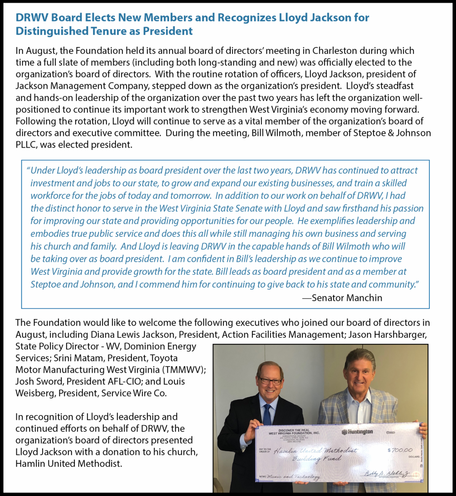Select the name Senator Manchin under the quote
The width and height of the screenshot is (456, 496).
[x=347, y=298]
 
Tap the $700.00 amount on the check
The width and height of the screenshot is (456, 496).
[x=400, y=450]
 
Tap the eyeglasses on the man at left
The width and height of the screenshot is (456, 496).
[x=270, y=380]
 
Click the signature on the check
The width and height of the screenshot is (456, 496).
[x=387, y=473]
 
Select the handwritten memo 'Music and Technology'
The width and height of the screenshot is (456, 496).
[x=293, y=477]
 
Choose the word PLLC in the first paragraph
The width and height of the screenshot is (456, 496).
[x=26, y=145]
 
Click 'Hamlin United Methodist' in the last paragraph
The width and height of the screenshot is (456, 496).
[x=69, y=464]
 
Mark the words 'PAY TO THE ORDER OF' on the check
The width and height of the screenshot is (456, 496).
[x=265, y=450]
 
